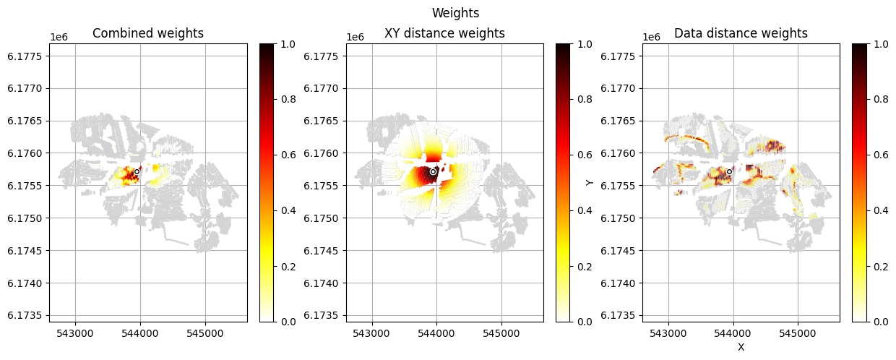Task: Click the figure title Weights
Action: (x=455, y=13)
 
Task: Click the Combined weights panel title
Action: (x=148, y=33)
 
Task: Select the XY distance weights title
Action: (x=444, y=33)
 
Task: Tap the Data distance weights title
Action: (x=741, y=33)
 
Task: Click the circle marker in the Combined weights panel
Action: (x=137, y=171)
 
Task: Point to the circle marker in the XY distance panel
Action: (x=433, y=171)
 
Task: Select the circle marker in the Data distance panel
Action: (x=730, y=171)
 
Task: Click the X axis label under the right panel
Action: (x=741, y=347)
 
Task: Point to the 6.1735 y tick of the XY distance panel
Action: (x=326, y=315)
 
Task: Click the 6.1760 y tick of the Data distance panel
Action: (x=622, y=153)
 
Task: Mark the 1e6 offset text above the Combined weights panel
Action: (x=59, y=37)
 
